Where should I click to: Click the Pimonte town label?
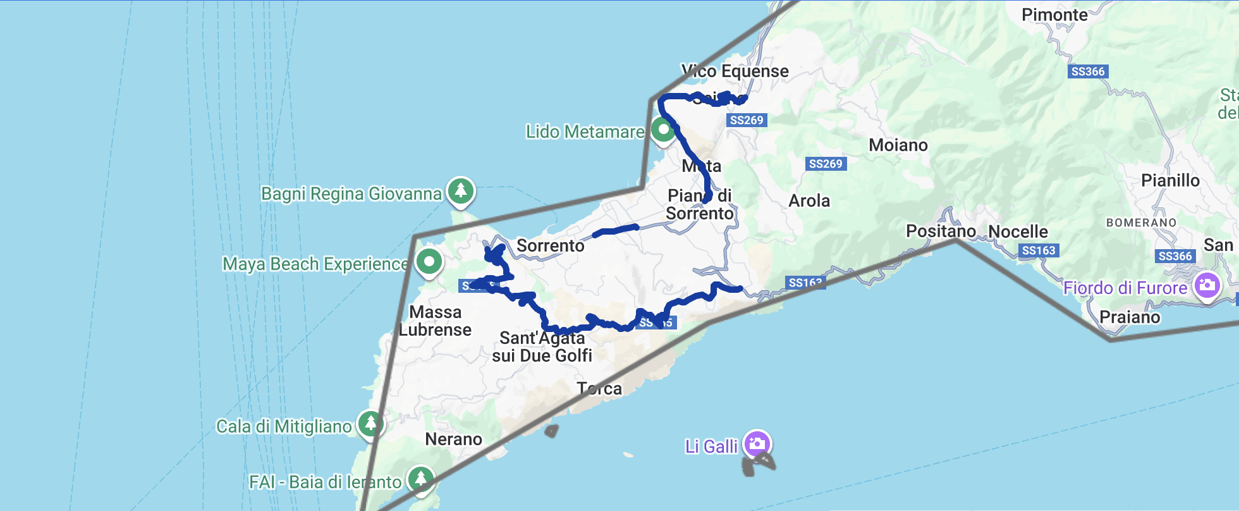pos(1054,15)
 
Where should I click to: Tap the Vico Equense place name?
pos(735,71)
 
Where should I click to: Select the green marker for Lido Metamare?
pos(662,130)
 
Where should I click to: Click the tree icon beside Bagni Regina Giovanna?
pos(461,190)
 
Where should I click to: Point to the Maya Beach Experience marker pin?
pos(429,261)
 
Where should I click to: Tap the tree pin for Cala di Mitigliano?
pos(370,422)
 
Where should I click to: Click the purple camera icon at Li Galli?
pos(757,443)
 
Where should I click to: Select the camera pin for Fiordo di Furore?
pos(1207,285)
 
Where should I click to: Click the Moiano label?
pos(898,145)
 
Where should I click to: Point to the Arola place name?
pos(809,201)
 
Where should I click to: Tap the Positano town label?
pos(941,231)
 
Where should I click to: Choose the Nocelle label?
pos(1018,232)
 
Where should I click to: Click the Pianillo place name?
pos(1170,181)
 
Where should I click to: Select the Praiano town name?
pos(1130,317)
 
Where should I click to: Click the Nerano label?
pos(453,440)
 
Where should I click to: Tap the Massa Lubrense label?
pos(435,321)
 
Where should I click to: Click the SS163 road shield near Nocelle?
pos(1038,250)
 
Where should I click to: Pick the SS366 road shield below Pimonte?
pos(1088,71)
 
